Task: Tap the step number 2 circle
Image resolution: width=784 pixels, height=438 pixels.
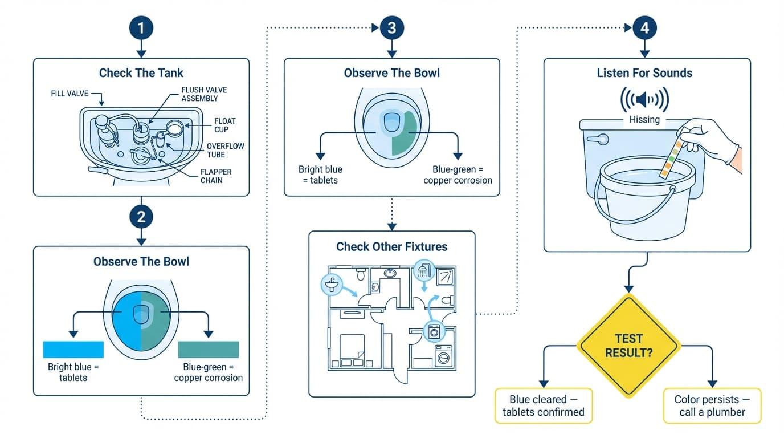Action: tap(141, 217)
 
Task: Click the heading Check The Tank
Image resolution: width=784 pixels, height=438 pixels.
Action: tap(141, 72)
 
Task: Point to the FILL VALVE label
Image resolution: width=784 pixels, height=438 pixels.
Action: tap(70, 93)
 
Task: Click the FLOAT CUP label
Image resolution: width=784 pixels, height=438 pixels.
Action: tap(224, 125)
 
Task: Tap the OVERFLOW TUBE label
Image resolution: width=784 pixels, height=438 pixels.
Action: tap(225, 151)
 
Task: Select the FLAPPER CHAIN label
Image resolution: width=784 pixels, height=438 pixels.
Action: tap(216, 176)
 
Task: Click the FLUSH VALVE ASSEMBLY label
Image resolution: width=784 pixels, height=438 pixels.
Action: tap(199, 94)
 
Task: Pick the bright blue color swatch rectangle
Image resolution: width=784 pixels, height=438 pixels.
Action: tap(73, 350)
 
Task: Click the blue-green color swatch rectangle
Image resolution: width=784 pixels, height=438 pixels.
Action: tap(208, 350)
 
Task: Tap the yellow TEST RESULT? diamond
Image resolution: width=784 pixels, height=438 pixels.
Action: tap(628, 346)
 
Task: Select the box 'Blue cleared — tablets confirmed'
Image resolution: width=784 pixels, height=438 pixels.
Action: tap(543, 405)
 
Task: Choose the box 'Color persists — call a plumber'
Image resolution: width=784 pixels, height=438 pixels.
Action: tap(712, 405)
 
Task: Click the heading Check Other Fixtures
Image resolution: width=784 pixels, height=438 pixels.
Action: tap(391, 246)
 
